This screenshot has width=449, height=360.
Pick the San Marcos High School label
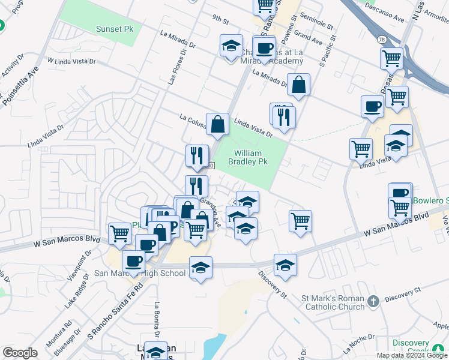[140, 274]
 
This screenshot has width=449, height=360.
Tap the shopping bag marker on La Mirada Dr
[298, 86]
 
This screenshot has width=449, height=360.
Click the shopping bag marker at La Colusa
[217, 124]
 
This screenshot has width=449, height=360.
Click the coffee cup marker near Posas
[372, 106]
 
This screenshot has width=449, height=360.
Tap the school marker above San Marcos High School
[200, 268]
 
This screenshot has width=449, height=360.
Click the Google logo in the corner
[20, 353]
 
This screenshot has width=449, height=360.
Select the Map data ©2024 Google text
[411, 355]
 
